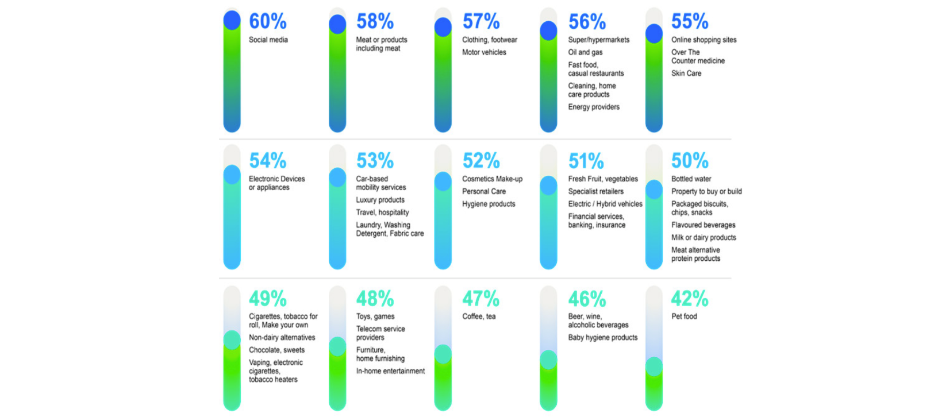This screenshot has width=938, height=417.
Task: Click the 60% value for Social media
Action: (267, 22)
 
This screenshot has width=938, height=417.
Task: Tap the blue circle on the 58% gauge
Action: (337, 24)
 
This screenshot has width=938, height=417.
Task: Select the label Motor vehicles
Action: (484, 52)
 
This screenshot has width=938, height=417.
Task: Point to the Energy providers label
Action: (594, 107)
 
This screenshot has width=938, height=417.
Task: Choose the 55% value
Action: (689, 22)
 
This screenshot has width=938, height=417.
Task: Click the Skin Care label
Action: (686, 74)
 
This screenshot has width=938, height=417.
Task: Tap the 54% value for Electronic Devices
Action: (267, 161)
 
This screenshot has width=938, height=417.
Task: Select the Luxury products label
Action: (380, 200)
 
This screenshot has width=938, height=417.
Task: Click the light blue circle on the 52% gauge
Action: (443, 182)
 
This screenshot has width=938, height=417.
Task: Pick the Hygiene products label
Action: (489, 204)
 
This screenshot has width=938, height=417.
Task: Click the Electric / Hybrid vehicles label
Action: (605, 204)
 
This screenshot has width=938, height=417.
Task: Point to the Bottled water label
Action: (691, 179)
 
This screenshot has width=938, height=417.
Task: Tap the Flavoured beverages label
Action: (703, 225)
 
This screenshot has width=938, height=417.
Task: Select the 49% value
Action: (267, 299)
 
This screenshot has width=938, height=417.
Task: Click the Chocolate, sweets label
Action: (276, 350)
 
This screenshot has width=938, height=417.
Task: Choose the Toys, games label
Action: (375, 316)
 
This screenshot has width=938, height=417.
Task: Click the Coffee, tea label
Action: (478, 316)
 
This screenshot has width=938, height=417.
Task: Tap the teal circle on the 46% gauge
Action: (548, 360)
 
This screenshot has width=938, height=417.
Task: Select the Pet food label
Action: (684, 316)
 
